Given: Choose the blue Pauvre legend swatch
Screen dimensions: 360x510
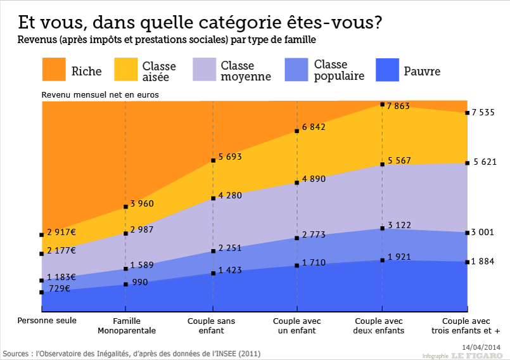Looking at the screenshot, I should pos(388,70).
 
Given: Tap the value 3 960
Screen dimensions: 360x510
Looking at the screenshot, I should pos(142,203).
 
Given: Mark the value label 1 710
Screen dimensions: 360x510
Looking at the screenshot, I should pos(314,262).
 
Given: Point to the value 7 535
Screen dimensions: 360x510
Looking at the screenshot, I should pos(483,113).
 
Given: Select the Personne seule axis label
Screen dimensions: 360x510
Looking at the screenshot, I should pos(47,321).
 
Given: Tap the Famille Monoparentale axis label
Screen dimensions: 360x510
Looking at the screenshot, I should pos(127,326).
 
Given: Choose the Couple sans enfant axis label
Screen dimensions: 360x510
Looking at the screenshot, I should pos(211,326).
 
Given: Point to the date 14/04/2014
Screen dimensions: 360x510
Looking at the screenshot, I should pos(481,347).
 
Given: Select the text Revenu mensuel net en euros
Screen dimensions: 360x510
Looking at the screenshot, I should pos(100,94).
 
